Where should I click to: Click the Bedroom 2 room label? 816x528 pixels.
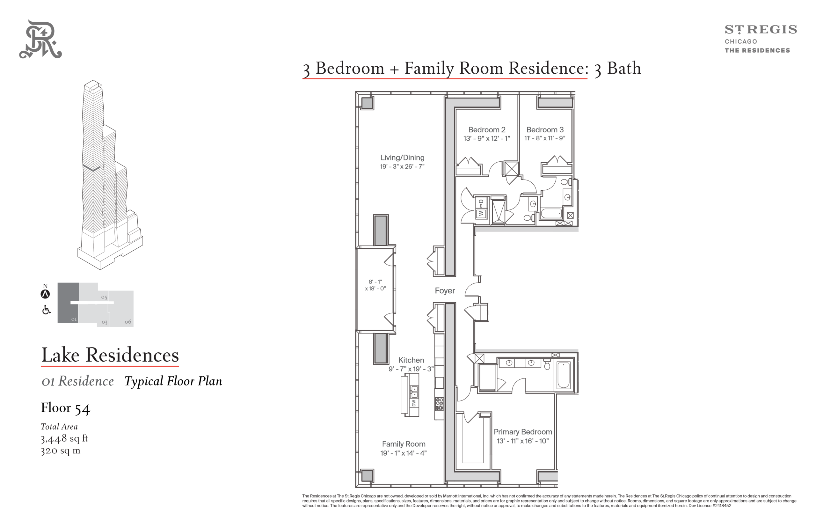click(x=487, y=129)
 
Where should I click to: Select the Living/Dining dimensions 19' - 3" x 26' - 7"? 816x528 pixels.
click(x=402, y=167)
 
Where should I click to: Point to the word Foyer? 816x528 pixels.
click(x=445, y=291)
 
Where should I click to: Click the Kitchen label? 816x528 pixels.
click(x=411, y=360)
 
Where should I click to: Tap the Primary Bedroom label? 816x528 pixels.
click(x=523, y=432)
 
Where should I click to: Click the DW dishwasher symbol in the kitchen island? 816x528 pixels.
click(x=414, y=403)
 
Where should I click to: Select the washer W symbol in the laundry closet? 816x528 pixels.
click(x=480, y=214)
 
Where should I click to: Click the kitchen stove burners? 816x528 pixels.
click(x=439, y=404)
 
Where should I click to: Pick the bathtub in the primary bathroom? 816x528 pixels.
click(x=563, y=375)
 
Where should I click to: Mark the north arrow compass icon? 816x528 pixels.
click(x=45, y=294)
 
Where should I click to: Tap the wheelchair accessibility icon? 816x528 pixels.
click(x=46, y=310)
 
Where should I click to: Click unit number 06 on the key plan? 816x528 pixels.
click(x=128, y=322)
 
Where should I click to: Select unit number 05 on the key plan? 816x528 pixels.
click(x=104, y=297)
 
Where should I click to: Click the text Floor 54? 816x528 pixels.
click(x=65, y=408)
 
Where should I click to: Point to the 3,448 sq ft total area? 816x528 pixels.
click(x=64, y=438)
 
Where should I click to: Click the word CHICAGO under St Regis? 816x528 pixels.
click(x=740, y=41)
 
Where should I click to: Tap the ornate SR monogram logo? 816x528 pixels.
click(x=40, y=39)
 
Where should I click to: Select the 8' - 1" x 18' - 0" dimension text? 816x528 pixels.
click(x=375, y=285)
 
